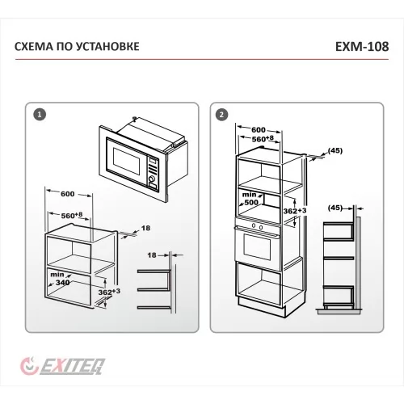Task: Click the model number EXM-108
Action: (x=362, y=47)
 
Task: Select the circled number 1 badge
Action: (x=40, y=115)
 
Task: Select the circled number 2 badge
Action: (x=221, y=115)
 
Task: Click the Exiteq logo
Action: (x=62, y=366)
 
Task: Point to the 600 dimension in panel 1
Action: (x=67, y=194)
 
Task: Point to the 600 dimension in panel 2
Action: (x=259, y=130)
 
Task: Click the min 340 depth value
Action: (x=61, y=279)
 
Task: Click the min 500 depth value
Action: (x=250, y=199)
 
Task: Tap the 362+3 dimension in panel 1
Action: (x=109, y=292)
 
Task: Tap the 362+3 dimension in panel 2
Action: (x=295, y=211)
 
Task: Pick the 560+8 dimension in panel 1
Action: (x=72, y=216)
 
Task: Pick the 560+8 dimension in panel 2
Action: (x=263, y=139)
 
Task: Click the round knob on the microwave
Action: (x=153, y=179)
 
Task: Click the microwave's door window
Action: (x=127, y=162)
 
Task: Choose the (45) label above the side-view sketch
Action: (x=335, y=208)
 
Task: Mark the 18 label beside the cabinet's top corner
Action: (x=145, y=228)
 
